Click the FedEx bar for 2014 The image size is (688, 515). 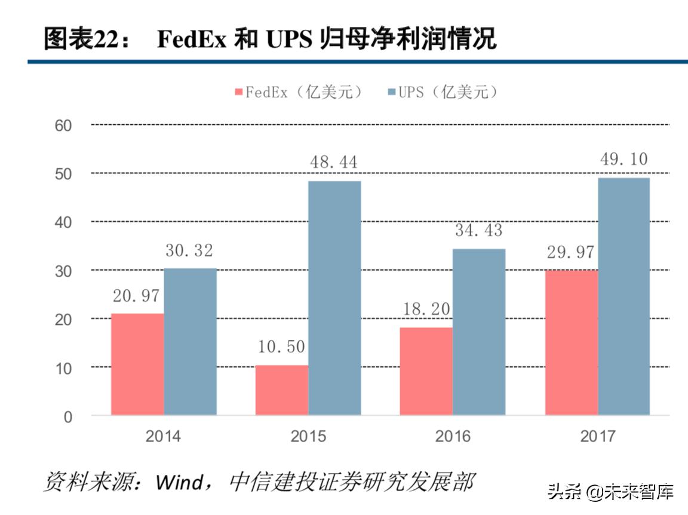click(137, 364)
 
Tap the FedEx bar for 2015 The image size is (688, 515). click(282, 390)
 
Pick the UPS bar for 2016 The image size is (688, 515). click(479, 332)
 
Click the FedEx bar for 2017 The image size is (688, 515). click(572, 342)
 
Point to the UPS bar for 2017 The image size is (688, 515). click(623, 296)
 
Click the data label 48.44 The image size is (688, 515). click(334, 163)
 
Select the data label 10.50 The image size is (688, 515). click(281, 347)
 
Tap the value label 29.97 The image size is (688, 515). click(570, 252)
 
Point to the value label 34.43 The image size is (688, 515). click(478, 230)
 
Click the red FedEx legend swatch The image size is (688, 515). click(239, 93)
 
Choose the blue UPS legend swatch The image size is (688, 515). click(392, 93)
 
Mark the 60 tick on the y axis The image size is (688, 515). click(64, 125)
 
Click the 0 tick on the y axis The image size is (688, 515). click(67, 416)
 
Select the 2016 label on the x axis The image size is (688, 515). click(453, 437)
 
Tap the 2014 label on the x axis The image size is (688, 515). click(163, 437)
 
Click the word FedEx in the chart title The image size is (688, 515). click(192, 40)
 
